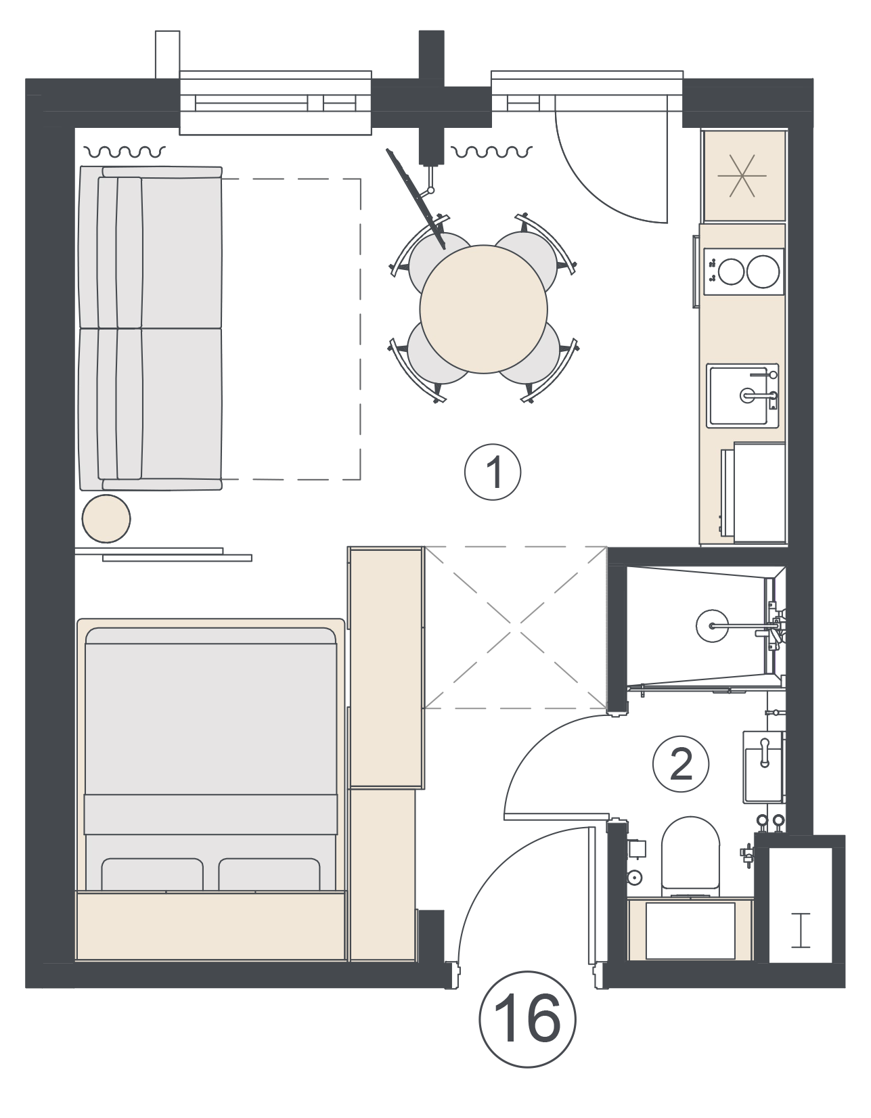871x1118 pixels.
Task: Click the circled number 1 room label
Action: [x=493, y=472]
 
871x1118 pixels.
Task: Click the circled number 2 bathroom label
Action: [x=680, y=764]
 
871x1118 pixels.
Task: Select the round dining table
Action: [x=484, y=309]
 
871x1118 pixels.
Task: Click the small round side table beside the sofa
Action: [x=106, y=518]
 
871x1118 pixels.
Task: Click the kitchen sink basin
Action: [x=742, y=395]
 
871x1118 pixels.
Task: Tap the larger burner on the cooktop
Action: [x=763, y=271]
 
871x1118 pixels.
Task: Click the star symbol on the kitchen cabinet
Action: [x=742, y=176]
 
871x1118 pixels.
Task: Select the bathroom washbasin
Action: [x=763, y=767]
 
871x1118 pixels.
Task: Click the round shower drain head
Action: [x=713, y=626]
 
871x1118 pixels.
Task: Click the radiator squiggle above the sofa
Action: [x=125, y=152]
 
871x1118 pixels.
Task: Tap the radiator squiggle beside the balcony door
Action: [x=491, y=151]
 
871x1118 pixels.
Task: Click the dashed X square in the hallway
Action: [x=514, y=627]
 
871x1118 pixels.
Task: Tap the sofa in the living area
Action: [x=150, y=328]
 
